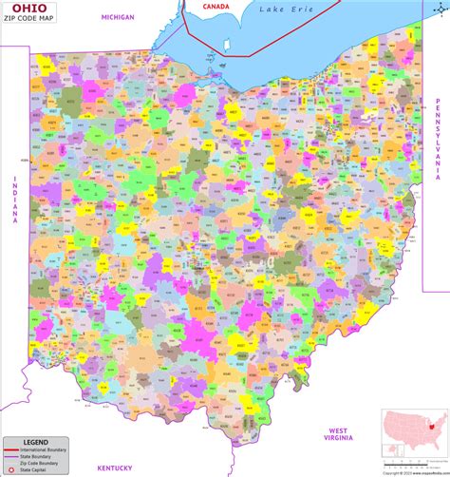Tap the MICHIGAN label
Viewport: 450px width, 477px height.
point(118,17)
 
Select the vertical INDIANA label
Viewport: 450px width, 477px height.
point(15,200)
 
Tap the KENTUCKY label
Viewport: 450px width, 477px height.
point(114,468)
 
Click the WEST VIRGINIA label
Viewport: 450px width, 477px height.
point(338,434)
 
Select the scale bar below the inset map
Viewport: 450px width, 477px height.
point(415,467)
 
